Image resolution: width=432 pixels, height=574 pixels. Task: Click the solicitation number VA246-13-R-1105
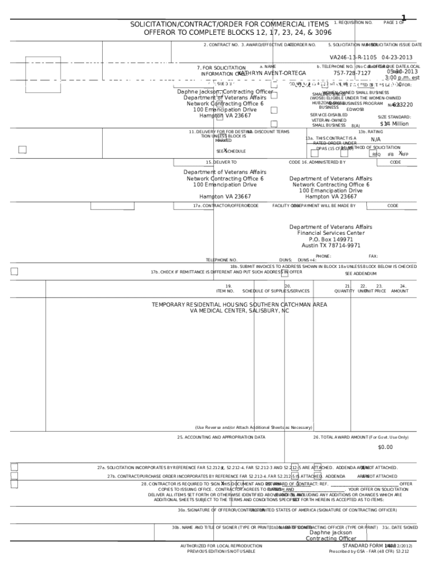coord(353,58)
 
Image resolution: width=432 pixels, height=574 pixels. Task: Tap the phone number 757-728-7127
coord(352,73)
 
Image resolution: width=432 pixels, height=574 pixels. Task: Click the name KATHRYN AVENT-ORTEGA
coord(272,73)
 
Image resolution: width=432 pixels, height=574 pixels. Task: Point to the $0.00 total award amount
coord(385,447)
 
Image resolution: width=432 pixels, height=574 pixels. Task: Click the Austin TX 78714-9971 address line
coord(331,246)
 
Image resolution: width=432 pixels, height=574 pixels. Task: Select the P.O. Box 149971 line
coord(331,239)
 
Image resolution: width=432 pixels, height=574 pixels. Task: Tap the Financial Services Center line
coord(331,233)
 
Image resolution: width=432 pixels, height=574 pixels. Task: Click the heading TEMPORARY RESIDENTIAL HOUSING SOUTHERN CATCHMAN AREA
coord(240,305)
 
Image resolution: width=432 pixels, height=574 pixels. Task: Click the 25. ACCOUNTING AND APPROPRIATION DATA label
coord(221,437)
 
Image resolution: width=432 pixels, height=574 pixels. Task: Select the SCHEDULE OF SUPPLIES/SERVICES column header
coord(275,291)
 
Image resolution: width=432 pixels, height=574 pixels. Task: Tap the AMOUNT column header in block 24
coord(400,291)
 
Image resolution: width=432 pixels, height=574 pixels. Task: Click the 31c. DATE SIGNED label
coord(400,527)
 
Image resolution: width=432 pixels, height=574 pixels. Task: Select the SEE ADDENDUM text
coord(361,274)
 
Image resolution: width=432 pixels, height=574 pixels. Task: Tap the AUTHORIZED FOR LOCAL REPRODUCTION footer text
coord(221,545)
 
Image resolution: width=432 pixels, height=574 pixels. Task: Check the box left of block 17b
coord(15,272)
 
